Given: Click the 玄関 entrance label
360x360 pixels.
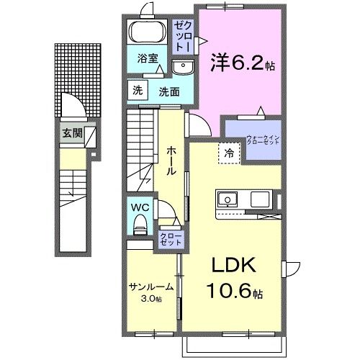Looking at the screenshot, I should [71, 132].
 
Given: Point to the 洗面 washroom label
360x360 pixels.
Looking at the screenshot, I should [169, 91].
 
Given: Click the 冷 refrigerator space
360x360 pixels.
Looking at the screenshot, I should [228, 153].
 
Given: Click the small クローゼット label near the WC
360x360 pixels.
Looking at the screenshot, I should [171, 238].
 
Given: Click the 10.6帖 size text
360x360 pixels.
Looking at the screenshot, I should [233, 294].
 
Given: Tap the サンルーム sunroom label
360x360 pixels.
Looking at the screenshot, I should [150, 287].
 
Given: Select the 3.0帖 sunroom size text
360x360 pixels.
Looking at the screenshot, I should [151, 298].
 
